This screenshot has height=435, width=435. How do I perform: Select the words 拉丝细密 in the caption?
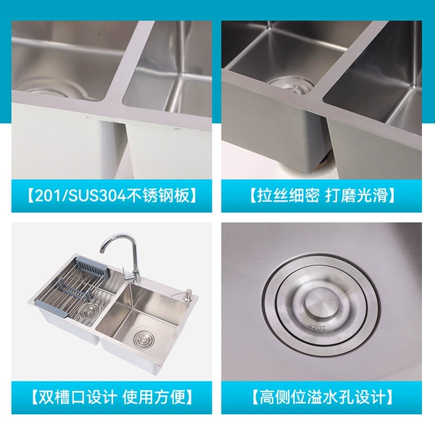(288, 195)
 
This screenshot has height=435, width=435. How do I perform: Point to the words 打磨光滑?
(356, 195)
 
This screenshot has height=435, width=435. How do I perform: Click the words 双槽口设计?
(76, 397)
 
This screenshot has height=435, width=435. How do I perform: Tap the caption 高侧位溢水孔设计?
(322, 397)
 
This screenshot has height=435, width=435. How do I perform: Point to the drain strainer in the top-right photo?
(291, 84)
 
